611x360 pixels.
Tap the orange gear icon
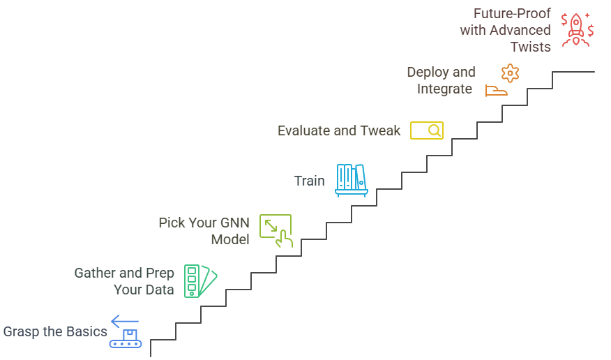coord(511,73)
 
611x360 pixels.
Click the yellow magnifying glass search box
coord(426,130)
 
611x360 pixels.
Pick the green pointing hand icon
coord(276,231)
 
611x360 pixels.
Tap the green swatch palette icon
coord(199,280)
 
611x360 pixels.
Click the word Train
coord(309,181)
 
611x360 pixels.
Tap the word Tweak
coord(381,130)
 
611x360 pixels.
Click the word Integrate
coord(445,89)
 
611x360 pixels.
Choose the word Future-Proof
coord(512,14)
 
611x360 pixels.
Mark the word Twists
coord(530,47)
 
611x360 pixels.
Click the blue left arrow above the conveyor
coord(125,321)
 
